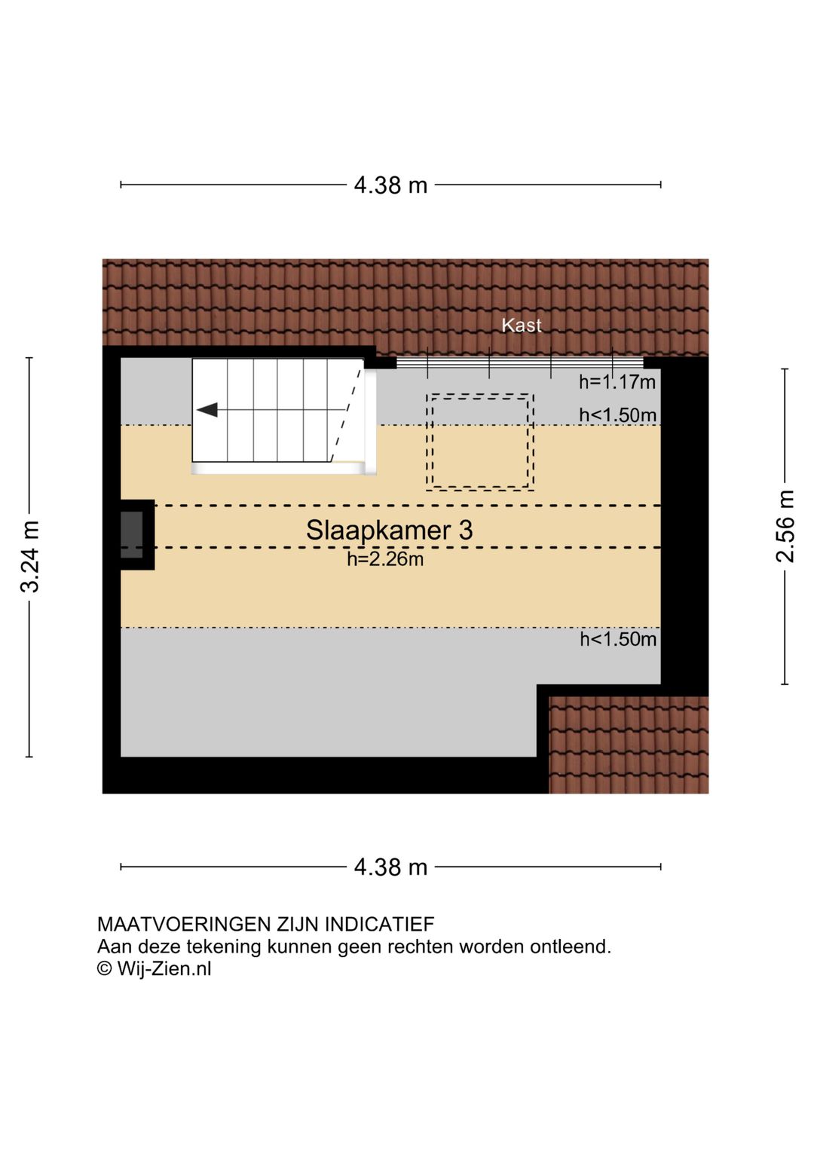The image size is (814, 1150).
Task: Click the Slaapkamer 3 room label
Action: point(389,530)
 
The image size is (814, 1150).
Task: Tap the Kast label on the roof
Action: point(522,325)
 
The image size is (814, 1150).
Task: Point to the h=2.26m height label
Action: point(385,559)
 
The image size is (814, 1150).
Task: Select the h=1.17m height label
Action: point(617,382)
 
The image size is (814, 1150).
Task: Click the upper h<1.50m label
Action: point(617,415)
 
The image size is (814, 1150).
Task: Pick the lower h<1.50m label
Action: point(618,640)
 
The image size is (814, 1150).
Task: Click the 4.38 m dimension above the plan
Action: point(390,185)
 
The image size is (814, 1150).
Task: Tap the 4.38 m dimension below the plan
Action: point(390,867)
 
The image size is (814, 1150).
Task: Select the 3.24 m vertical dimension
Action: point(30,556)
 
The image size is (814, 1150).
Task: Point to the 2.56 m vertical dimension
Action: point(785,526)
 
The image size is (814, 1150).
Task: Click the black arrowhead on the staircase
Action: point(207,410)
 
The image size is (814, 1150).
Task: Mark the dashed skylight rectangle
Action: point(479,442)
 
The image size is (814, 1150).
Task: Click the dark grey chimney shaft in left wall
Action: point(132,534)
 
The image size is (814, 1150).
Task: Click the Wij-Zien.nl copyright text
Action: point(155,969)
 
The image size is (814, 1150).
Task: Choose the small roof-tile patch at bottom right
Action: point(629,745)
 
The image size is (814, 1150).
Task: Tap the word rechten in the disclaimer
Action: point(421,947)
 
